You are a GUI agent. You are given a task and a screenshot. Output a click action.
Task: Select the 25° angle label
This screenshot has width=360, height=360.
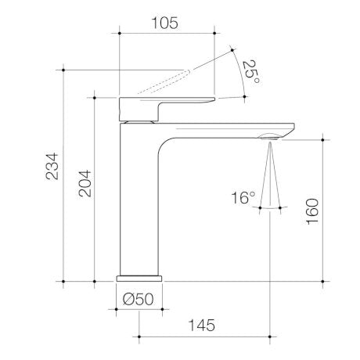coord(250,72)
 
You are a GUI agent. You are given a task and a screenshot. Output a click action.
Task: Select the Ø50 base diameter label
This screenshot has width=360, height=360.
coord(139,297)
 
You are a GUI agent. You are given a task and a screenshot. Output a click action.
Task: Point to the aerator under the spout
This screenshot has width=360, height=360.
coord(270,139)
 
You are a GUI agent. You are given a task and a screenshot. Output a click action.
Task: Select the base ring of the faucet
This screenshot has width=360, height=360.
coord(140,277)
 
